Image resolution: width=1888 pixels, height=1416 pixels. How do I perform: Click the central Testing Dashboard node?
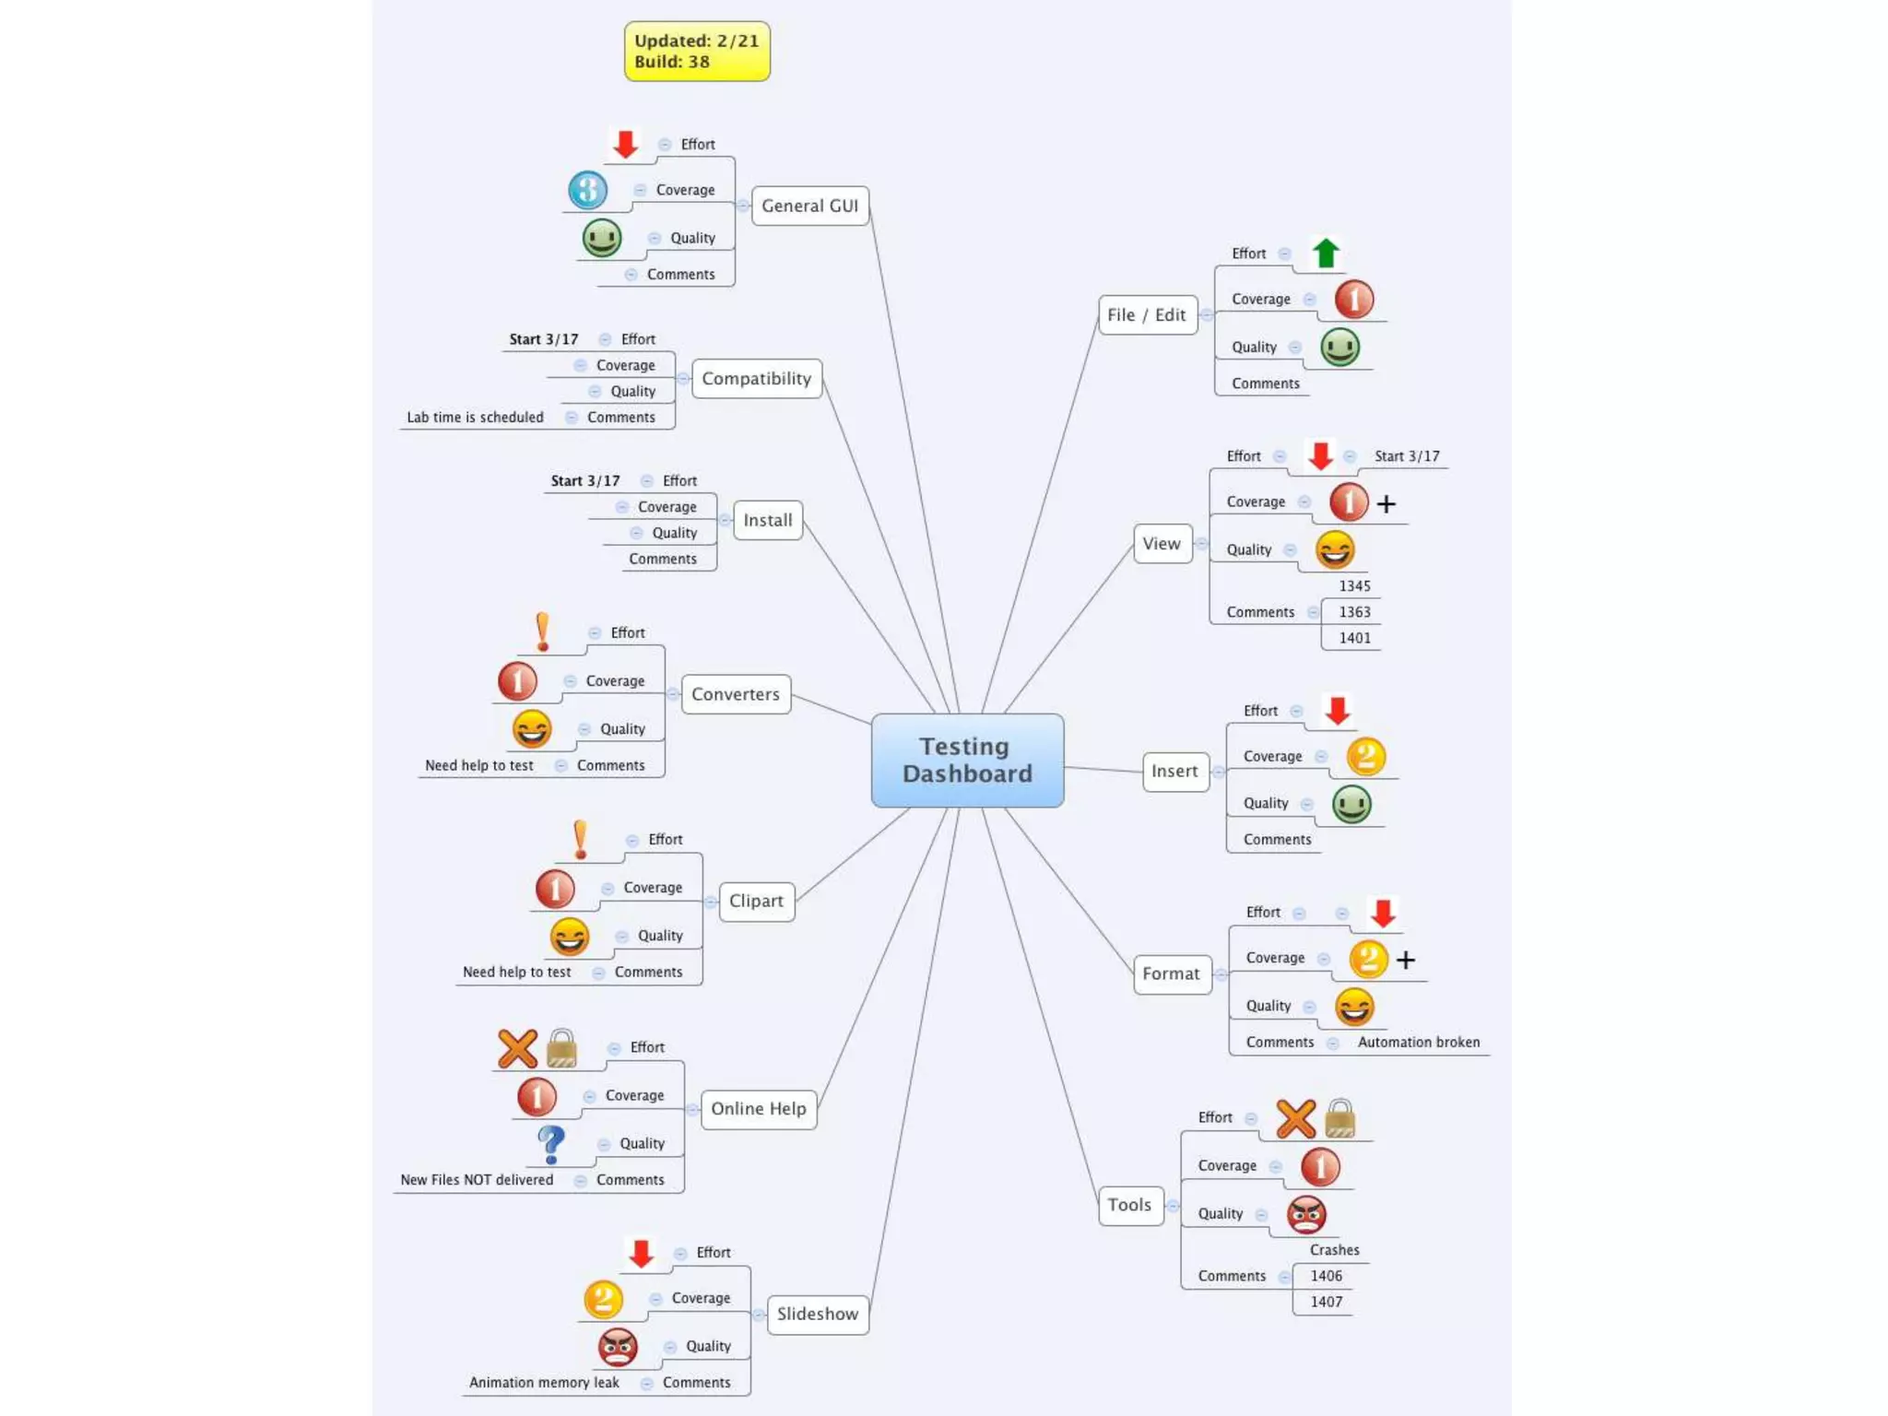(x=967, y=760)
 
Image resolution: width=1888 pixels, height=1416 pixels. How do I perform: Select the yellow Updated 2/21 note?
(x=697, y=52)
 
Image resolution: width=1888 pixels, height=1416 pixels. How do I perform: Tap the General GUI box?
(x=809, y=206)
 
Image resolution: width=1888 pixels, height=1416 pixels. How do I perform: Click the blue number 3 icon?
(x=587, y=191)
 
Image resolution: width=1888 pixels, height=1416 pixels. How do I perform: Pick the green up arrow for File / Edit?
(x=1326, y=253)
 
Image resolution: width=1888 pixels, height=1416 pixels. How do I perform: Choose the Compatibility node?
(x=756, y=379)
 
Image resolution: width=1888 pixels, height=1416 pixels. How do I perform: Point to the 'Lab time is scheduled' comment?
(x=475, y=418)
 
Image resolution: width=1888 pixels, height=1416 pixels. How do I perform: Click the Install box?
(x=767, y=520)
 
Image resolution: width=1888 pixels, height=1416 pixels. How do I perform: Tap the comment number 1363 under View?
(x=1354, y=612)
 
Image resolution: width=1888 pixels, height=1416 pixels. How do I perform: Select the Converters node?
(x=735, y=694)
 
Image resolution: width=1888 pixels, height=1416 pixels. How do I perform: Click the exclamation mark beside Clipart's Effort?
(x=580, y=840)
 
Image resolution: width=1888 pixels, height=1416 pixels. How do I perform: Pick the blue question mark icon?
(x=551, y=1144)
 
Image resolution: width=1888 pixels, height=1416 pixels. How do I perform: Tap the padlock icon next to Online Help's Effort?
(x=561, y=1048)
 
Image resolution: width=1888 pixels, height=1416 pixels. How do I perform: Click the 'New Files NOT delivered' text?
(x=477, y=1180)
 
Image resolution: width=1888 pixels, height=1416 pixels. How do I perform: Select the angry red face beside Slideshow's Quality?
(x=618, y=1347)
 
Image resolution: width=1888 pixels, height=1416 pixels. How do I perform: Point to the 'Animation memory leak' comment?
(x=544, y=1383)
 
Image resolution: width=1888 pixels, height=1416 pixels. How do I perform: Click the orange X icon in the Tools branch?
(x=1295, y=1119)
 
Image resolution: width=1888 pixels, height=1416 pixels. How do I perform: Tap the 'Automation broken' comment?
(x=1418, y=1043)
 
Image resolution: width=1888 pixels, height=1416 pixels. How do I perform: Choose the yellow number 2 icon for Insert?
(x=1365, y=757)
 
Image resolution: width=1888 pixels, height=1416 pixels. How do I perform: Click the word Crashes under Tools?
(x=1334, y=1250)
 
